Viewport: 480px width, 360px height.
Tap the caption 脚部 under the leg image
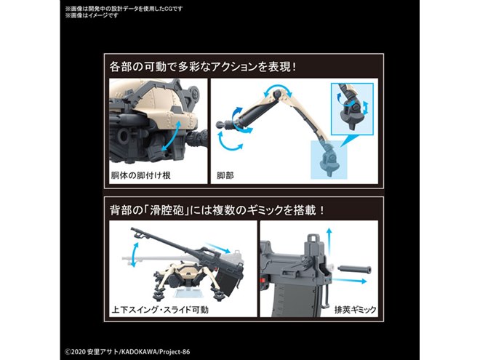tap(226, 177)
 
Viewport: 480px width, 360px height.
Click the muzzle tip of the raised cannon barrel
tap(135, 231)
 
